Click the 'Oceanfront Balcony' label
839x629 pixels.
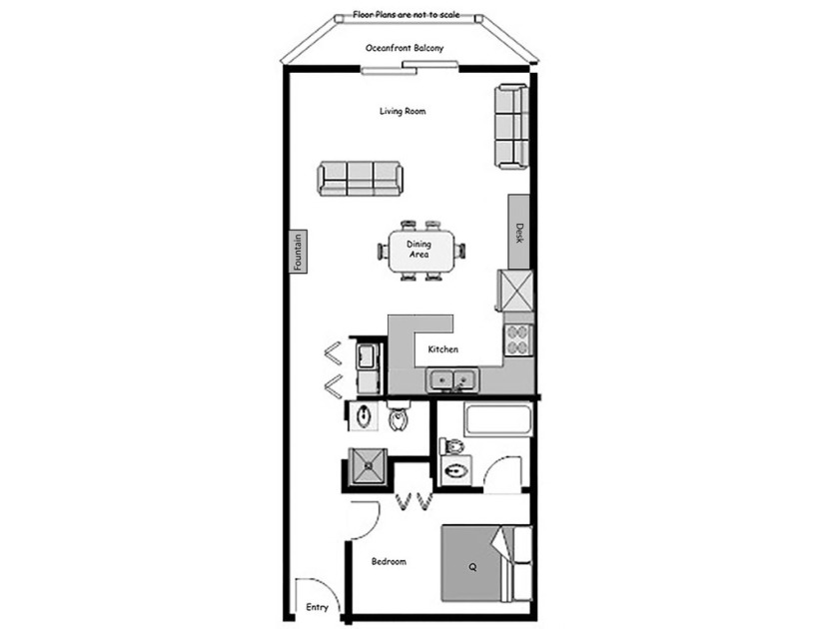click(x=405, y=48)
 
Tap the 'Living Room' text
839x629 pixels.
click(x=403, y=111)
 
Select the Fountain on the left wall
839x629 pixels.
click(x=298, y=251)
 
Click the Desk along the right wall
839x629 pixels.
click(x=518, y=232)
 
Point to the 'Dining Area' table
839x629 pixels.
click(x=419, y=250)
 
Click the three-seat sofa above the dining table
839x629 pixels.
click(x=360, y=178)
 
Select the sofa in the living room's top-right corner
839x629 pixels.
click(x=510, y=126)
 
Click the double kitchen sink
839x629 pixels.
click(x=451, y=379)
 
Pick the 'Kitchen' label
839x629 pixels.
click(x=442, y=349)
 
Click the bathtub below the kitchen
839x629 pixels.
click(x=499, y=419)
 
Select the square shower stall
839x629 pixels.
click(x=367, y=466)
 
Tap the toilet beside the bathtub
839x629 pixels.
click(x=452, y=445)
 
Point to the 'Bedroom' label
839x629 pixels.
click(x=389, y=561)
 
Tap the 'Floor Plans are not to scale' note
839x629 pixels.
click(x=405, y=16)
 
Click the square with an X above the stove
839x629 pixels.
click(x=516, y=291)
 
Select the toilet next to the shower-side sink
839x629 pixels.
click(x=400, y=417)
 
